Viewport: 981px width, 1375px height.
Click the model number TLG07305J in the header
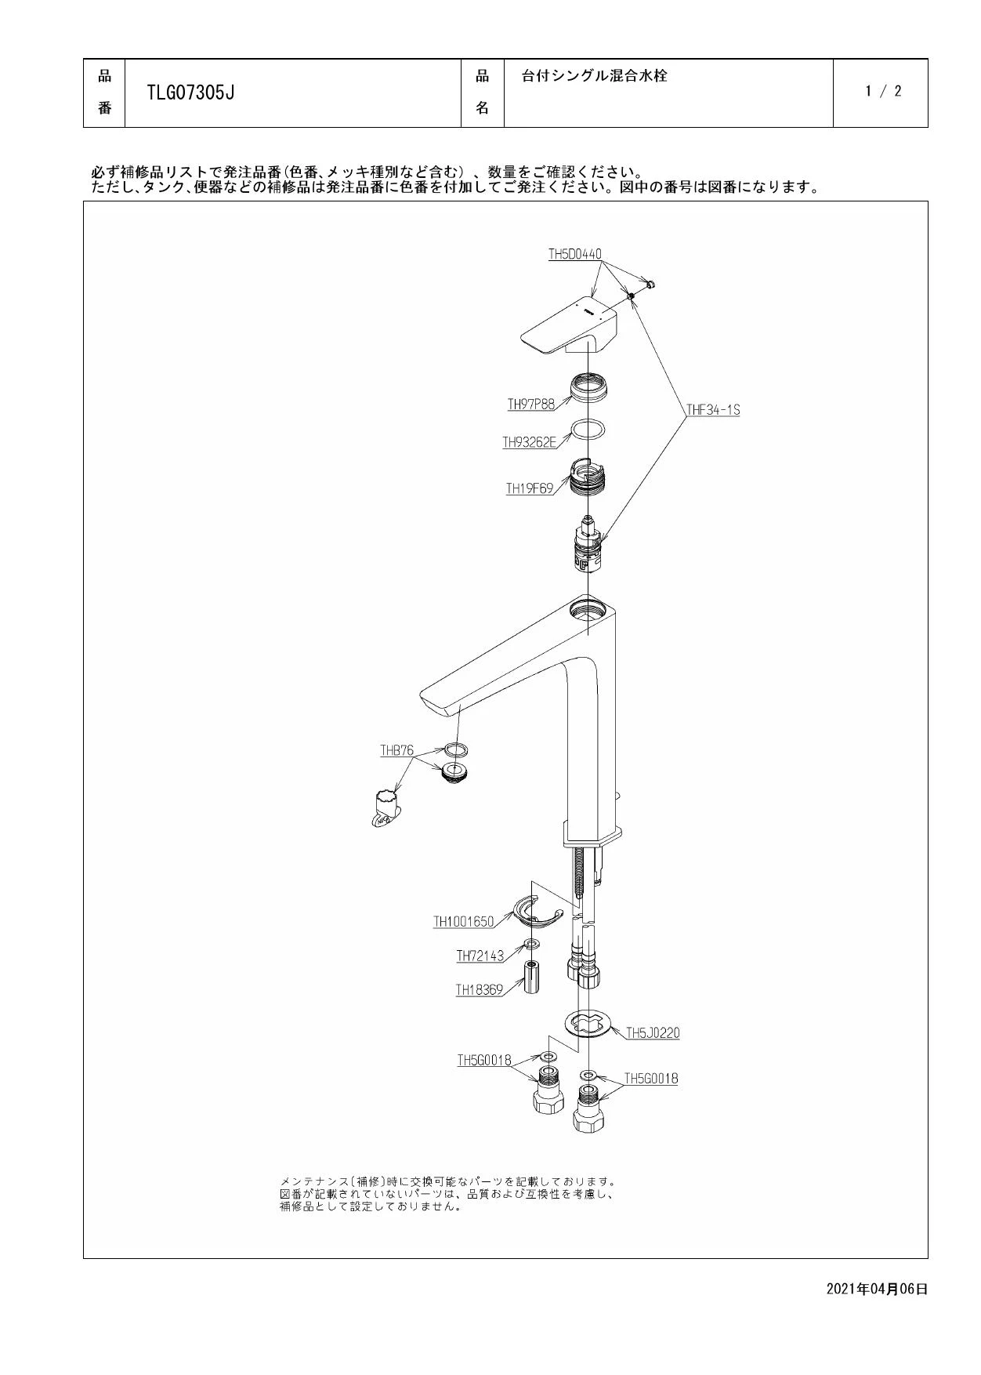coord(191,93)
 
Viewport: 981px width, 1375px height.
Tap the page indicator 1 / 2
coord(883,91)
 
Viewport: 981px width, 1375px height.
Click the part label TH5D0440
coord(574,254)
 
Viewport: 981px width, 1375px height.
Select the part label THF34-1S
coord(713,409)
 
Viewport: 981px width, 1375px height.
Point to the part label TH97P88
coord(530,405)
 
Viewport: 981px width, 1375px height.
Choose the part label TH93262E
coord(529,443)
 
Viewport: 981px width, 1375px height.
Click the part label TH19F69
coord(529,488)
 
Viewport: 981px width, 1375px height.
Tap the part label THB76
coord(396,751)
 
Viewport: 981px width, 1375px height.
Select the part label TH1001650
coord(464,922)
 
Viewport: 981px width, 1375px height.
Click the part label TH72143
coord(480,956)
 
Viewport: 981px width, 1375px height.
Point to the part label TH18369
coord(480,990)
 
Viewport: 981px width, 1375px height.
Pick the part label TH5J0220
coord(653,1033)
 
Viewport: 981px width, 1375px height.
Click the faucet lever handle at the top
coord(570,328)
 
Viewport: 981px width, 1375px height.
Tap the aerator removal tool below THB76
coord(385,808)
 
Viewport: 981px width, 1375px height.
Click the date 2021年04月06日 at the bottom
coord(877,1289)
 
